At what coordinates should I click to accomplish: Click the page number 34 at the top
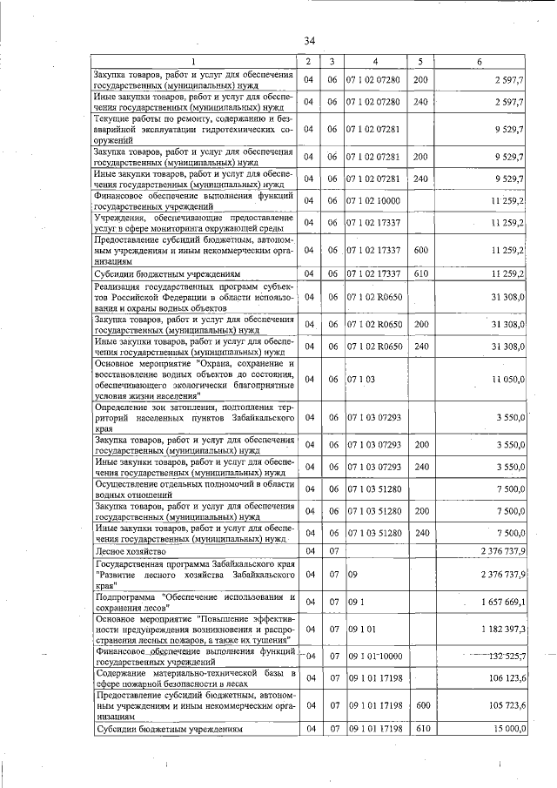[310, 41]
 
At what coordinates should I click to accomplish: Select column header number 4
[374, 61]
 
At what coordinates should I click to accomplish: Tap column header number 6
[480, 61]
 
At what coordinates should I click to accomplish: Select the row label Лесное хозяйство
[131, 552]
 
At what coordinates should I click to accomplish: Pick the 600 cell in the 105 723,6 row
[423, 706]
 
